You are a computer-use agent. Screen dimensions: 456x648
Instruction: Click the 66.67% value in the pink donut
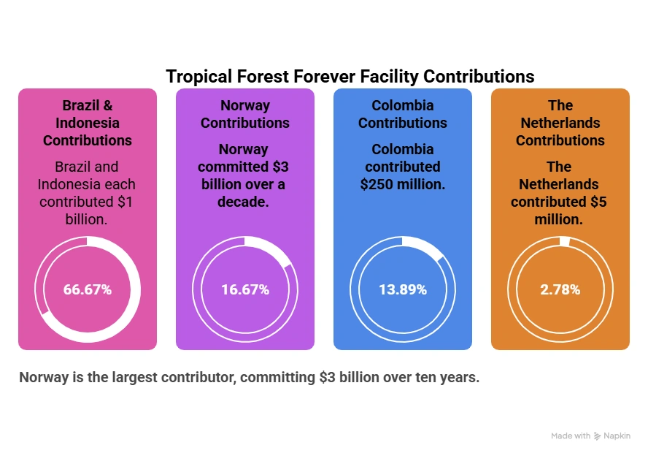point(88,289)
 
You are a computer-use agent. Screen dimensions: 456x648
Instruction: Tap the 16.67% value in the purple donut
point(245,289)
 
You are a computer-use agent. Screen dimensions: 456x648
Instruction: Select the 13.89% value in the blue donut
point(403,289)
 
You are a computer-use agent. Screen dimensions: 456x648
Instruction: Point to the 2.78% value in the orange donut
point(560,289)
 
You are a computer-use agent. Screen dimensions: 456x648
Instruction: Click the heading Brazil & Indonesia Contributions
point(88,123)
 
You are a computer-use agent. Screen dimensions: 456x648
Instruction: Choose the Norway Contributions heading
point(245,114)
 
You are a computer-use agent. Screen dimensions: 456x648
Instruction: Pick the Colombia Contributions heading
point(403,114)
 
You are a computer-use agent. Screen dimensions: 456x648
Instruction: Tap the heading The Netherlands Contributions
point(560,123)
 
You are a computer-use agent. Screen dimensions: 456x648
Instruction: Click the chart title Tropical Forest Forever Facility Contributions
point(350,77)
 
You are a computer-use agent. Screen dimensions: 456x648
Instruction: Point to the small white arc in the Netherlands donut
point(565,242)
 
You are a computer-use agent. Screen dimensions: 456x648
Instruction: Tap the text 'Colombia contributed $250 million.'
point(403,167)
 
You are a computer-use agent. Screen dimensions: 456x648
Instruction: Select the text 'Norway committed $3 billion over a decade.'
point(245,175)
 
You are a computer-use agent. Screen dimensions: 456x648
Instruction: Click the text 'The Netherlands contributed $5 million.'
point(560,193)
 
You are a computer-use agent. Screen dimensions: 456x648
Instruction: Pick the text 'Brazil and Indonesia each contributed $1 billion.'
point(88,193)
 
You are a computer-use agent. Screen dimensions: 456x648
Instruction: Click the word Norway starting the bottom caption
point(43,378)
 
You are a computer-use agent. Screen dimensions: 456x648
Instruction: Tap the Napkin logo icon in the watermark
point(598,436)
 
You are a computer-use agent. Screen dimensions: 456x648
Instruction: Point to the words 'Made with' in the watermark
point(571,436)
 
